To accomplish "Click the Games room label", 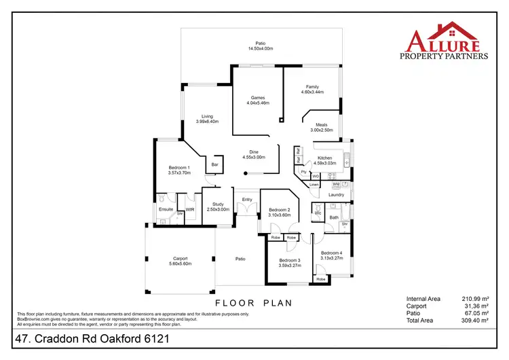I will click(x=257, y=97).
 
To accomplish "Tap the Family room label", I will click(x=312, y=87).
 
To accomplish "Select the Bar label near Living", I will click(x=215, y=164).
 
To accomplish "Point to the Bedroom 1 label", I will click(x=179, y=167).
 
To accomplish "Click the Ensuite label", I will click(x=166, y=209).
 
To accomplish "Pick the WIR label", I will click(x=190, y=209).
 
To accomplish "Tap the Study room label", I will click(x=218, y=204).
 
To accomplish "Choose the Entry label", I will click(x=247, y=199).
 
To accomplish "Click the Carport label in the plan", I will click(x=180, y=258).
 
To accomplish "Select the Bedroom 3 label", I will click(x=289, y=260).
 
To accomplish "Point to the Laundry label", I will click(x=337, y=195).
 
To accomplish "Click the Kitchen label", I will click(x=325, y=158).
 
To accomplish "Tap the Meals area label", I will click(x=322, y=124).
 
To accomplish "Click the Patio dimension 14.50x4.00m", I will click(x=260, y=49).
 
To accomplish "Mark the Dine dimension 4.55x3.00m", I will click(x=254, y=157).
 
